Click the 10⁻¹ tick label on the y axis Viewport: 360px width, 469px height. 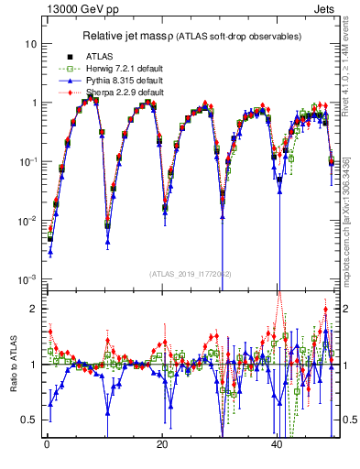pyautogui.click(x=27, y=161)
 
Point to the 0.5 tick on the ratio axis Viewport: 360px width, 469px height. pyautogui.click(x=29, y=420)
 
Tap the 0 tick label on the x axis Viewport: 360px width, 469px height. pyautogui.click(x=46, y=444)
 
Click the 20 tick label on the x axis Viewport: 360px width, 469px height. pyautogui.click(x=161, y=444)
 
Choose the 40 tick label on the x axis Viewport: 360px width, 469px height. pyautogui.click(x=277, y=444)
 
